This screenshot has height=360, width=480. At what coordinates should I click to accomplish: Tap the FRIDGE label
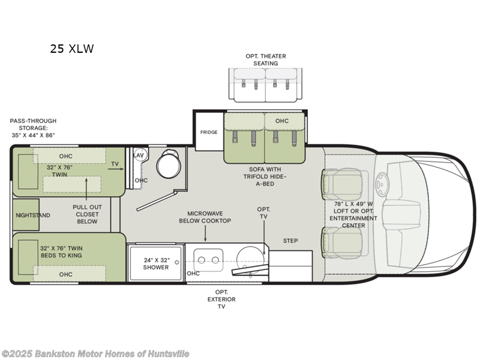[209, 132]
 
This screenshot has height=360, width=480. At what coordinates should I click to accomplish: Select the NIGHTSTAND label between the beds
[33, 215]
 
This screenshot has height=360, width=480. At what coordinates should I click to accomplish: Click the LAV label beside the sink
[139, 155]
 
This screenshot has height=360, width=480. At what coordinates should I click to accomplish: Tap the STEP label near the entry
[290, 241]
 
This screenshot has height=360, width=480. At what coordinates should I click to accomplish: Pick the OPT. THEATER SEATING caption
[266, 59]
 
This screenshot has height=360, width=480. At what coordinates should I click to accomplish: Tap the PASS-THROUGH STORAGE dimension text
[32, 128]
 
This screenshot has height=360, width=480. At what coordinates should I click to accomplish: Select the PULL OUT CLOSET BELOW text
[87, 214]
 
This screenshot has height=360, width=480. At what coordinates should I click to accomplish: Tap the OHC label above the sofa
[282, 121]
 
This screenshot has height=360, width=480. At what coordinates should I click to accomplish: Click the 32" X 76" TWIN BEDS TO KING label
[62, 252]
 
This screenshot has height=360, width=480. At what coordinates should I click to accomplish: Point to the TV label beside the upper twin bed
[114, 163]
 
